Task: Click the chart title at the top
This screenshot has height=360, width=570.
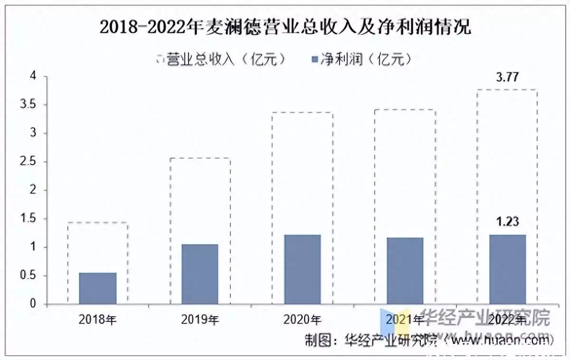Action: [x=285, y=27]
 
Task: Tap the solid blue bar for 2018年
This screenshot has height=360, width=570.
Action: [x=97, y=288]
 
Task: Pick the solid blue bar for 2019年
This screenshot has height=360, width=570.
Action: [x=200, y=274]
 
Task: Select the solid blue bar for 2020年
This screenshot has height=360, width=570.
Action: [x=302, y=269]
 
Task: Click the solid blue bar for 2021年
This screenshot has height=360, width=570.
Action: [x=405, y=271]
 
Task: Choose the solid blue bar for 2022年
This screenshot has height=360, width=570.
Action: [x=507, y=269]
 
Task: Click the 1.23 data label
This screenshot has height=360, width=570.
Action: [x=507, y=222]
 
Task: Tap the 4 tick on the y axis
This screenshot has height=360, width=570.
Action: [x=33, y=76]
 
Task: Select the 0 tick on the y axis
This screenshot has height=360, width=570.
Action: [x=33, y=304]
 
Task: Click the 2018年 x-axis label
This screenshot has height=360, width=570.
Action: [x=97, y=320]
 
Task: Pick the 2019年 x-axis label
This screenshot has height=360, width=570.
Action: [x=200, y=320]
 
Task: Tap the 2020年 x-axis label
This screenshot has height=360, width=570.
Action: [x=302, y=320]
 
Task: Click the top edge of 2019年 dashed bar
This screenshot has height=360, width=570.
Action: [x=200, y=158]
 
